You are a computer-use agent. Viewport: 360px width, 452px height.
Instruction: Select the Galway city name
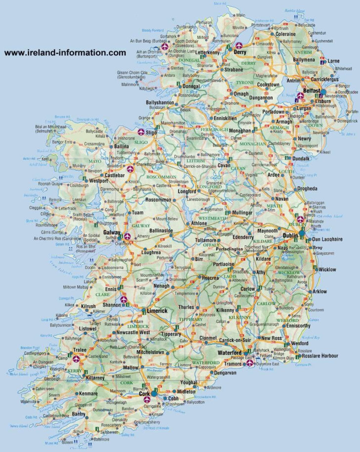(x=112, y=232)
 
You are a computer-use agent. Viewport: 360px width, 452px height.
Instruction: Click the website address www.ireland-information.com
(x=65, y=52)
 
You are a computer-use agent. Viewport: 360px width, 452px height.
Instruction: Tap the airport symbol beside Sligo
(x=141, y=132)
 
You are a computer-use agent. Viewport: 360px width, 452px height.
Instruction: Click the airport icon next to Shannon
(x=123, y=299)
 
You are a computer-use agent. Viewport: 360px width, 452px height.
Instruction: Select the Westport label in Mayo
(x=99, y=181)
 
